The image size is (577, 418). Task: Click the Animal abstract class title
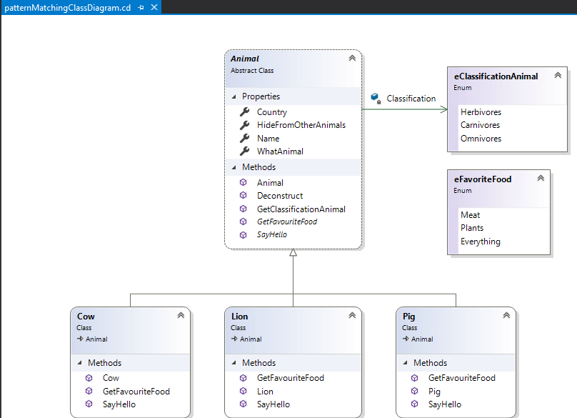pos(245,59)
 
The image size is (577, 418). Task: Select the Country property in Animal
pos(271,112)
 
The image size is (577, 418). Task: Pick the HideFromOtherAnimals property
pos(301,125)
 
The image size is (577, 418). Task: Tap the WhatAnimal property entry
pos(280,151)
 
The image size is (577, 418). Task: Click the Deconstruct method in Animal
pos(279,196)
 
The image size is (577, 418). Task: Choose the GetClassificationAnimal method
pos(301,209)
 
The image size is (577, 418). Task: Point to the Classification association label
pos(411,99)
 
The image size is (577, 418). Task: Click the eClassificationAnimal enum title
pos(496,76)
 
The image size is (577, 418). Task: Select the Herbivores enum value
pos(481,112)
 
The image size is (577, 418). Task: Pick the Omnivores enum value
pos(481,139)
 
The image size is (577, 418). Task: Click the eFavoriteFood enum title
pos(482,179)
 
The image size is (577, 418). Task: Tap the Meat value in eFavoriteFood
pos(470,215)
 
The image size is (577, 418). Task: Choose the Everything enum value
pos(480,242)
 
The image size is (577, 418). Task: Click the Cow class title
pos(86,317)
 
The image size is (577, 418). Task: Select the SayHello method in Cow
pos(119,404)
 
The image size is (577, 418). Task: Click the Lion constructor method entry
pos(265,392)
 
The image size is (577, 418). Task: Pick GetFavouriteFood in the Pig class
pos(461,378)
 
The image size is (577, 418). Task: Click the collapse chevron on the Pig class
pos(506,315)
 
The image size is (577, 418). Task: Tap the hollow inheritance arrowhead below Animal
pos(293,254)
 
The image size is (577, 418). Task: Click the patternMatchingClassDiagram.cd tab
pos(67,7)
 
